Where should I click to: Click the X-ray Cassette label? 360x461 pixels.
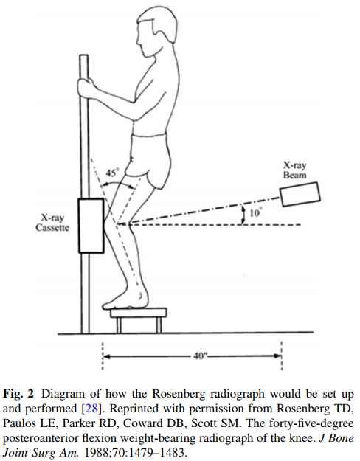(52, 223)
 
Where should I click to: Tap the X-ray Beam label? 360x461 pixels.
(294, 170)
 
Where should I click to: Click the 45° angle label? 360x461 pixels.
(112, 173)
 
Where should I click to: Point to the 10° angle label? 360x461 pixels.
(255, 212)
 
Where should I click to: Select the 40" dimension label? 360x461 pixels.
(200, 356)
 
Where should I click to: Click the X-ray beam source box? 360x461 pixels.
(300, 194)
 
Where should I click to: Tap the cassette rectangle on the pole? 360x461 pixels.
(91, 226)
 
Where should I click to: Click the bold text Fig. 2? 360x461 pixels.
(18, 394)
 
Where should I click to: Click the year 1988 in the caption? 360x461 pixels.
(97, 452)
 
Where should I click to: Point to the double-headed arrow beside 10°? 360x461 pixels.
(243, 215)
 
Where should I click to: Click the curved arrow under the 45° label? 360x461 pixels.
(117, 183)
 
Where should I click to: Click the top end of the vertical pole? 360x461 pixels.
(84, 55)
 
